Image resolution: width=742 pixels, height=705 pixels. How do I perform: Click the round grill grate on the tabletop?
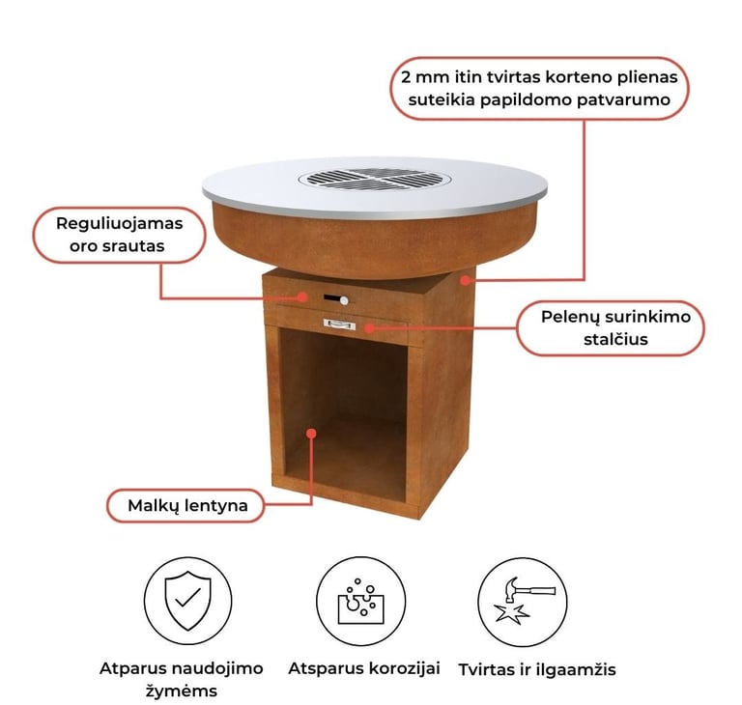pos(374,179)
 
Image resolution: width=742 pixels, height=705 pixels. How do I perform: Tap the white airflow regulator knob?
pos(344,300)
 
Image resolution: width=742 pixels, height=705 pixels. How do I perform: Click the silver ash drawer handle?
pos(339,324)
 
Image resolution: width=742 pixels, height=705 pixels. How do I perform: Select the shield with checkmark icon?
pos(187,601)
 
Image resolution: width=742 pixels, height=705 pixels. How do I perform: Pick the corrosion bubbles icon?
pos(360,601)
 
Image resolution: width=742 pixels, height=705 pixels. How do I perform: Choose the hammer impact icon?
pos(523,601)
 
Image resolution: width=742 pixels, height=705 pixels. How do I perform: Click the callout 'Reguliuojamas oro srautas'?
pos(119,235)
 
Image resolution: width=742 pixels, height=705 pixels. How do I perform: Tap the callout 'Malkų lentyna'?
pos(185,505)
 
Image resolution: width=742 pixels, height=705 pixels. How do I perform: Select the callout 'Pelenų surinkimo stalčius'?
pos(611,328)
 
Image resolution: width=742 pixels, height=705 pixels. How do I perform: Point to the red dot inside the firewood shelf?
pos(311,434)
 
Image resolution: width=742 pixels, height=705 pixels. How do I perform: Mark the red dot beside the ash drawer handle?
pos(369,327)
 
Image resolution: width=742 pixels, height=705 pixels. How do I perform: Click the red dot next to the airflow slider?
pos(302,296)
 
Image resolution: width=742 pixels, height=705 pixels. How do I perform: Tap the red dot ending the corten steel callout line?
pos(466,280)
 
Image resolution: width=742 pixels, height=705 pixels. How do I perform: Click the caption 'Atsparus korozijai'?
pos(364,668)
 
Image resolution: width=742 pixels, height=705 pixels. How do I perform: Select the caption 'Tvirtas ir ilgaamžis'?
pos(537,669)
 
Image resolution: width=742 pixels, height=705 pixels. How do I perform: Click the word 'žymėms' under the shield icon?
pos(182,691)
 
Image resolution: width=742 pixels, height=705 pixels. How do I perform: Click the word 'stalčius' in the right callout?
pos(615,339)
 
